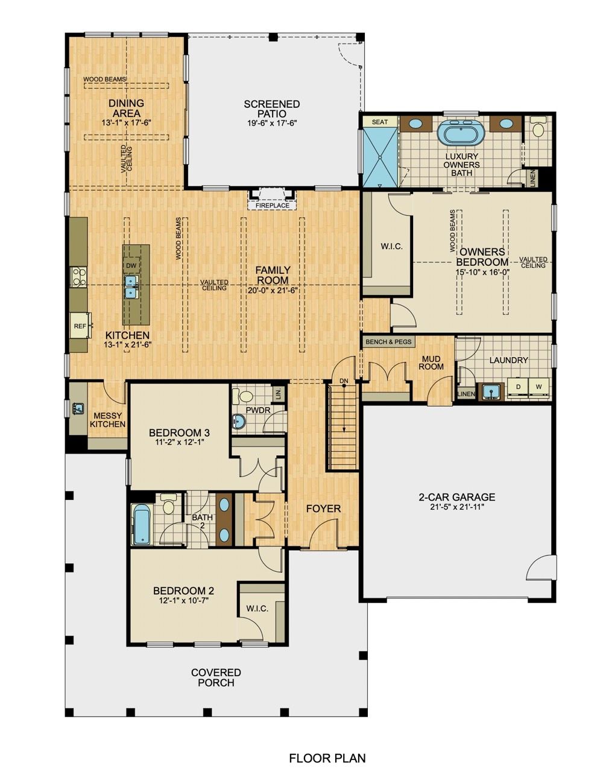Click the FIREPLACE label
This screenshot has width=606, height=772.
click(x=273, y=206)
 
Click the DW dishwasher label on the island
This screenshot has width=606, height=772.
click(x=130, y=265)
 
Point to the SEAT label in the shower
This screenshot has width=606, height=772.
click(x=380, y=122)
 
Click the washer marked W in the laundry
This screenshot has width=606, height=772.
click(x=538, y=385)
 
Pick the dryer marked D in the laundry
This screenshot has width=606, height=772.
click(x=517, y=385)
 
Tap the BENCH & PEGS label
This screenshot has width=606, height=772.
click(x=388, y=342)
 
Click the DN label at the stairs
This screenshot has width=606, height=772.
click(x=344, y=381)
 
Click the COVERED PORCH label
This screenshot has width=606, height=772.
click(x=216, y=677)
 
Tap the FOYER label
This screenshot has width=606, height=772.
click(x=323, y=509)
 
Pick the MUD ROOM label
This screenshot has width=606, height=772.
click(x=432, y=362)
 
